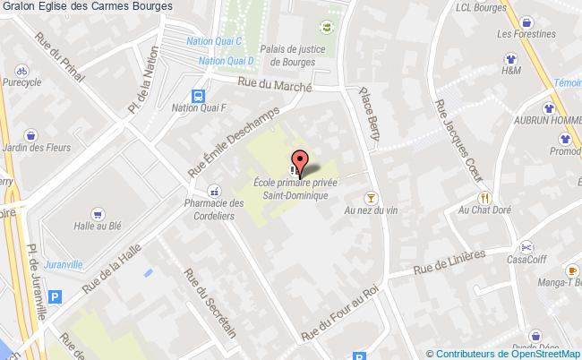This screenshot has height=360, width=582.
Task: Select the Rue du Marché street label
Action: tap(274, 84)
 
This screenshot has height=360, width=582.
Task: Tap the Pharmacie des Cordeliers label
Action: tap(213, 209)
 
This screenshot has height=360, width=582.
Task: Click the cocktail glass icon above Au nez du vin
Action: tap(369, 197)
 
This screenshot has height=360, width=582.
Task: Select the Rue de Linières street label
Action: tap(449, 261)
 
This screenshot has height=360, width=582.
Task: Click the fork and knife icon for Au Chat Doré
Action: tap(484, 197)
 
